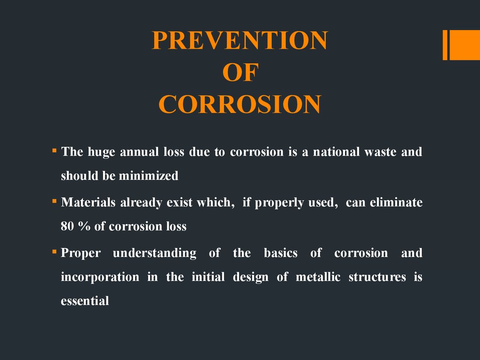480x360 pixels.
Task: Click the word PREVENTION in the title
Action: point(240,40)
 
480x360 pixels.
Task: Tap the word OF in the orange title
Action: point(240,72)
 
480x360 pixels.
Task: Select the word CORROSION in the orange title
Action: point(240,105)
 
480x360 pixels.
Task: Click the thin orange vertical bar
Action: point(445,45)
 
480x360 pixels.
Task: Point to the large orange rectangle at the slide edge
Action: point(465,45)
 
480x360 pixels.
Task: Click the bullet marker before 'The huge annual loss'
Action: point(54,150)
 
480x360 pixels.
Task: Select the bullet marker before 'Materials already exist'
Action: point(54,201)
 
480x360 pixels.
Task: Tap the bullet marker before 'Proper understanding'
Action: point(54,252)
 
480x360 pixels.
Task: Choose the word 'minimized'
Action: point(149,176)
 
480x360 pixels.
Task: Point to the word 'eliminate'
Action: point(396,202)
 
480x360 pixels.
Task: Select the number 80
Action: point(67,226)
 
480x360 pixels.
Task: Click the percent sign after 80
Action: point(84,226)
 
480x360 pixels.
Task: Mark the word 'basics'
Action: point(280,253)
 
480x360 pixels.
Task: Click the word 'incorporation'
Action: point(100,277)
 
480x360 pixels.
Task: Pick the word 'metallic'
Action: point(318,277)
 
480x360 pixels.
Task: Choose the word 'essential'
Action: point(85,300)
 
